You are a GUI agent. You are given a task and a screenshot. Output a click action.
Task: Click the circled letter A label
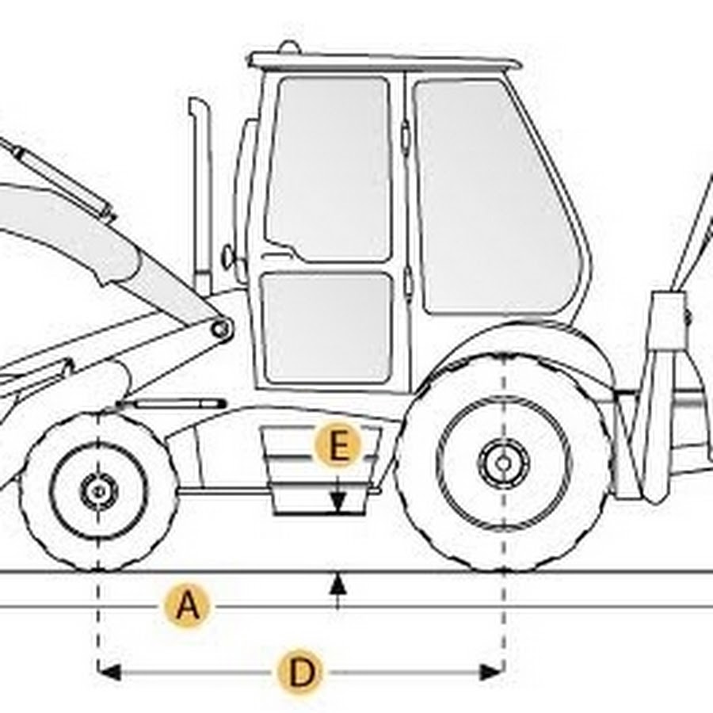pyautogui.click(x=187, y=606)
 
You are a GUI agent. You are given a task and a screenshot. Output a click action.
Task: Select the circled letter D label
pyautogui.click(x=300, y=672)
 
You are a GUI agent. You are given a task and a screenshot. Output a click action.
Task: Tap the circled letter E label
pyautogui.click(x=337, y=444)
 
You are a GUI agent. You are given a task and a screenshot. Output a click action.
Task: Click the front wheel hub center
pyautogui.click(x=99, y=491)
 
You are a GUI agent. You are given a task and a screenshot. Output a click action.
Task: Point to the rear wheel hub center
pyautogui.click(x=503, y=463)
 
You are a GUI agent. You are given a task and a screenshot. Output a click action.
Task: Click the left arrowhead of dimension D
pyautogui.click(x=109, y=672)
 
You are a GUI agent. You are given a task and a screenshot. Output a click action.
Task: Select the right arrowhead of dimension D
pyautogui.click(x=493, y=672)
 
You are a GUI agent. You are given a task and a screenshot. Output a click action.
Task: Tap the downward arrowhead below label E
pyautogui.click(x=337, y=501)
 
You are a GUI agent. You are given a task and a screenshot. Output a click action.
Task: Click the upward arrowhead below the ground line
pyautogui.click(x=337, y=583)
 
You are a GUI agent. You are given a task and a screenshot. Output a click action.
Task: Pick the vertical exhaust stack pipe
pyautogui.click(x=201, y=196)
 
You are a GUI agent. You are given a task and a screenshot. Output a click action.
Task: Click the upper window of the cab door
pyautogui.click(x=328, y=170)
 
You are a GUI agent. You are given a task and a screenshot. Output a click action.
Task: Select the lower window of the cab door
pyautogui.click(x=327, y=328)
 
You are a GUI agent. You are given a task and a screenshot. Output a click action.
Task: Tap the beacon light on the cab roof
pyautogui.click(x=288, y=47)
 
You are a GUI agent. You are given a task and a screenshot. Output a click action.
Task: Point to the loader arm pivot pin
pyautogui.click(x=220, y=328)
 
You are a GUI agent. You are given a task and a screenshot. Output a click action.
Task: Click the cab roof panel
pyautogui.click(x=384, y=61)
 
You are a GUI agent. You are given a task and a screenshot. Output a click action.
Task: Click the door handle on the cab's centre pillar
pyautogui.click(x=405, y=135)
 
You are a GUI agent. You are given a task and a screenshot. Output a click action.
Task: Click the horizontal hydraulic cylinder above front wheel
pyautogui.click(x=171, y=404)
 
